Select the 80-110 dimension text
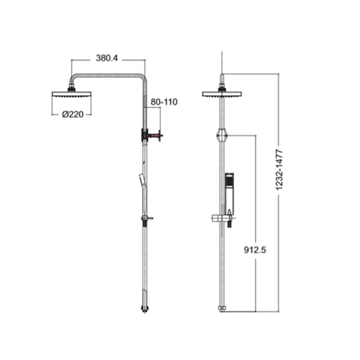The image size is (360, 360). [x=164, y=102]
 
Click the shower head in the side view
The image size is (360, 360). [x=72, y=95]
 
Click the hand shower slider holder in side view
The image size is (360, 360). [x=146, y=219]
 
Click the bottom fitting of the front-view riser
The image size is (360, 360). [x=222, y=309]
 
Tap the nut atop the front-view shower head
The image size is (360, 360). [x=222, y=87]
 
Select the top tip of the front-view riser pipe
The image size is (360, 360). [x=222, y=77]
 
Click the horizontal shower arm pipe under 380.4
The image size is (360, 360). [x=108, y=75]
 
